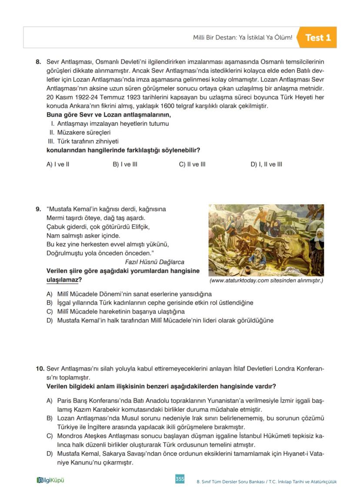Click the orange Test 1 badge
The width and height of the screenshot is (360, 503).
(318, 38)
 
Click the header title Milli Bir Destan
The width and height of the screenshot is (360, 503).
(243, 38)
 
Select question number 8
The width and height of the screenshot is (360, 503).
(38, 62)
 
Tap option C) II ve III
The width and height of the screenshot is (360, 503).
(192, 164)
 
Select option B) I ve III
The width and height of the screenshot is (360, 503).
(125, 164)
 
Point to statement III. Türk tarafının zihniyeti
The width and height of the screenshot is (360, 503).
(83, 141)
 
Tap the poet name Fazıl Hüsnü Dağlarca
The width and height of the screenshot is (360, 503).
(154, 262)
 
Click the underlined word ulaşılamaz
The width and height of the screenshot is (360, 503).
(62, 280)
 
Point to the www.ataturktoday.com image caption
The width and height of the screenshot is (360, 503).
(266, 281)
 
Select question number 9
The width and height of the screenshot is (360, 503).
(38, 209)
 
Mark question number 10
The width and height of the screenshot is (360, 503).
(40, 369)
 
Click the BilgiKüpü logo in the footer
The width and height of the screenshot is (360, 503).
(53, 480)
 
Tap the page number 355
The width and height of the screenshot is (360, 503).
(180, 479)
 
